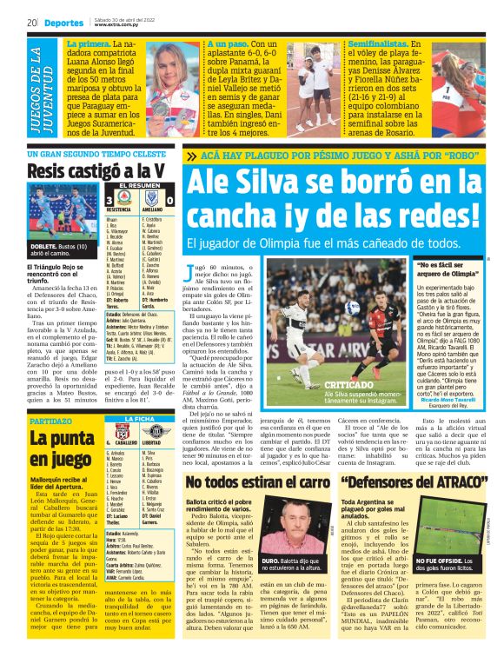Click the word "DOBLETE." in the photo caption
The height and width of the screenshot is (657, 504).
[43, 247]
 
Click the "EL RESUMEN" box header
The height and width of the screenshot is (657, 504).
[137, 185]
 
